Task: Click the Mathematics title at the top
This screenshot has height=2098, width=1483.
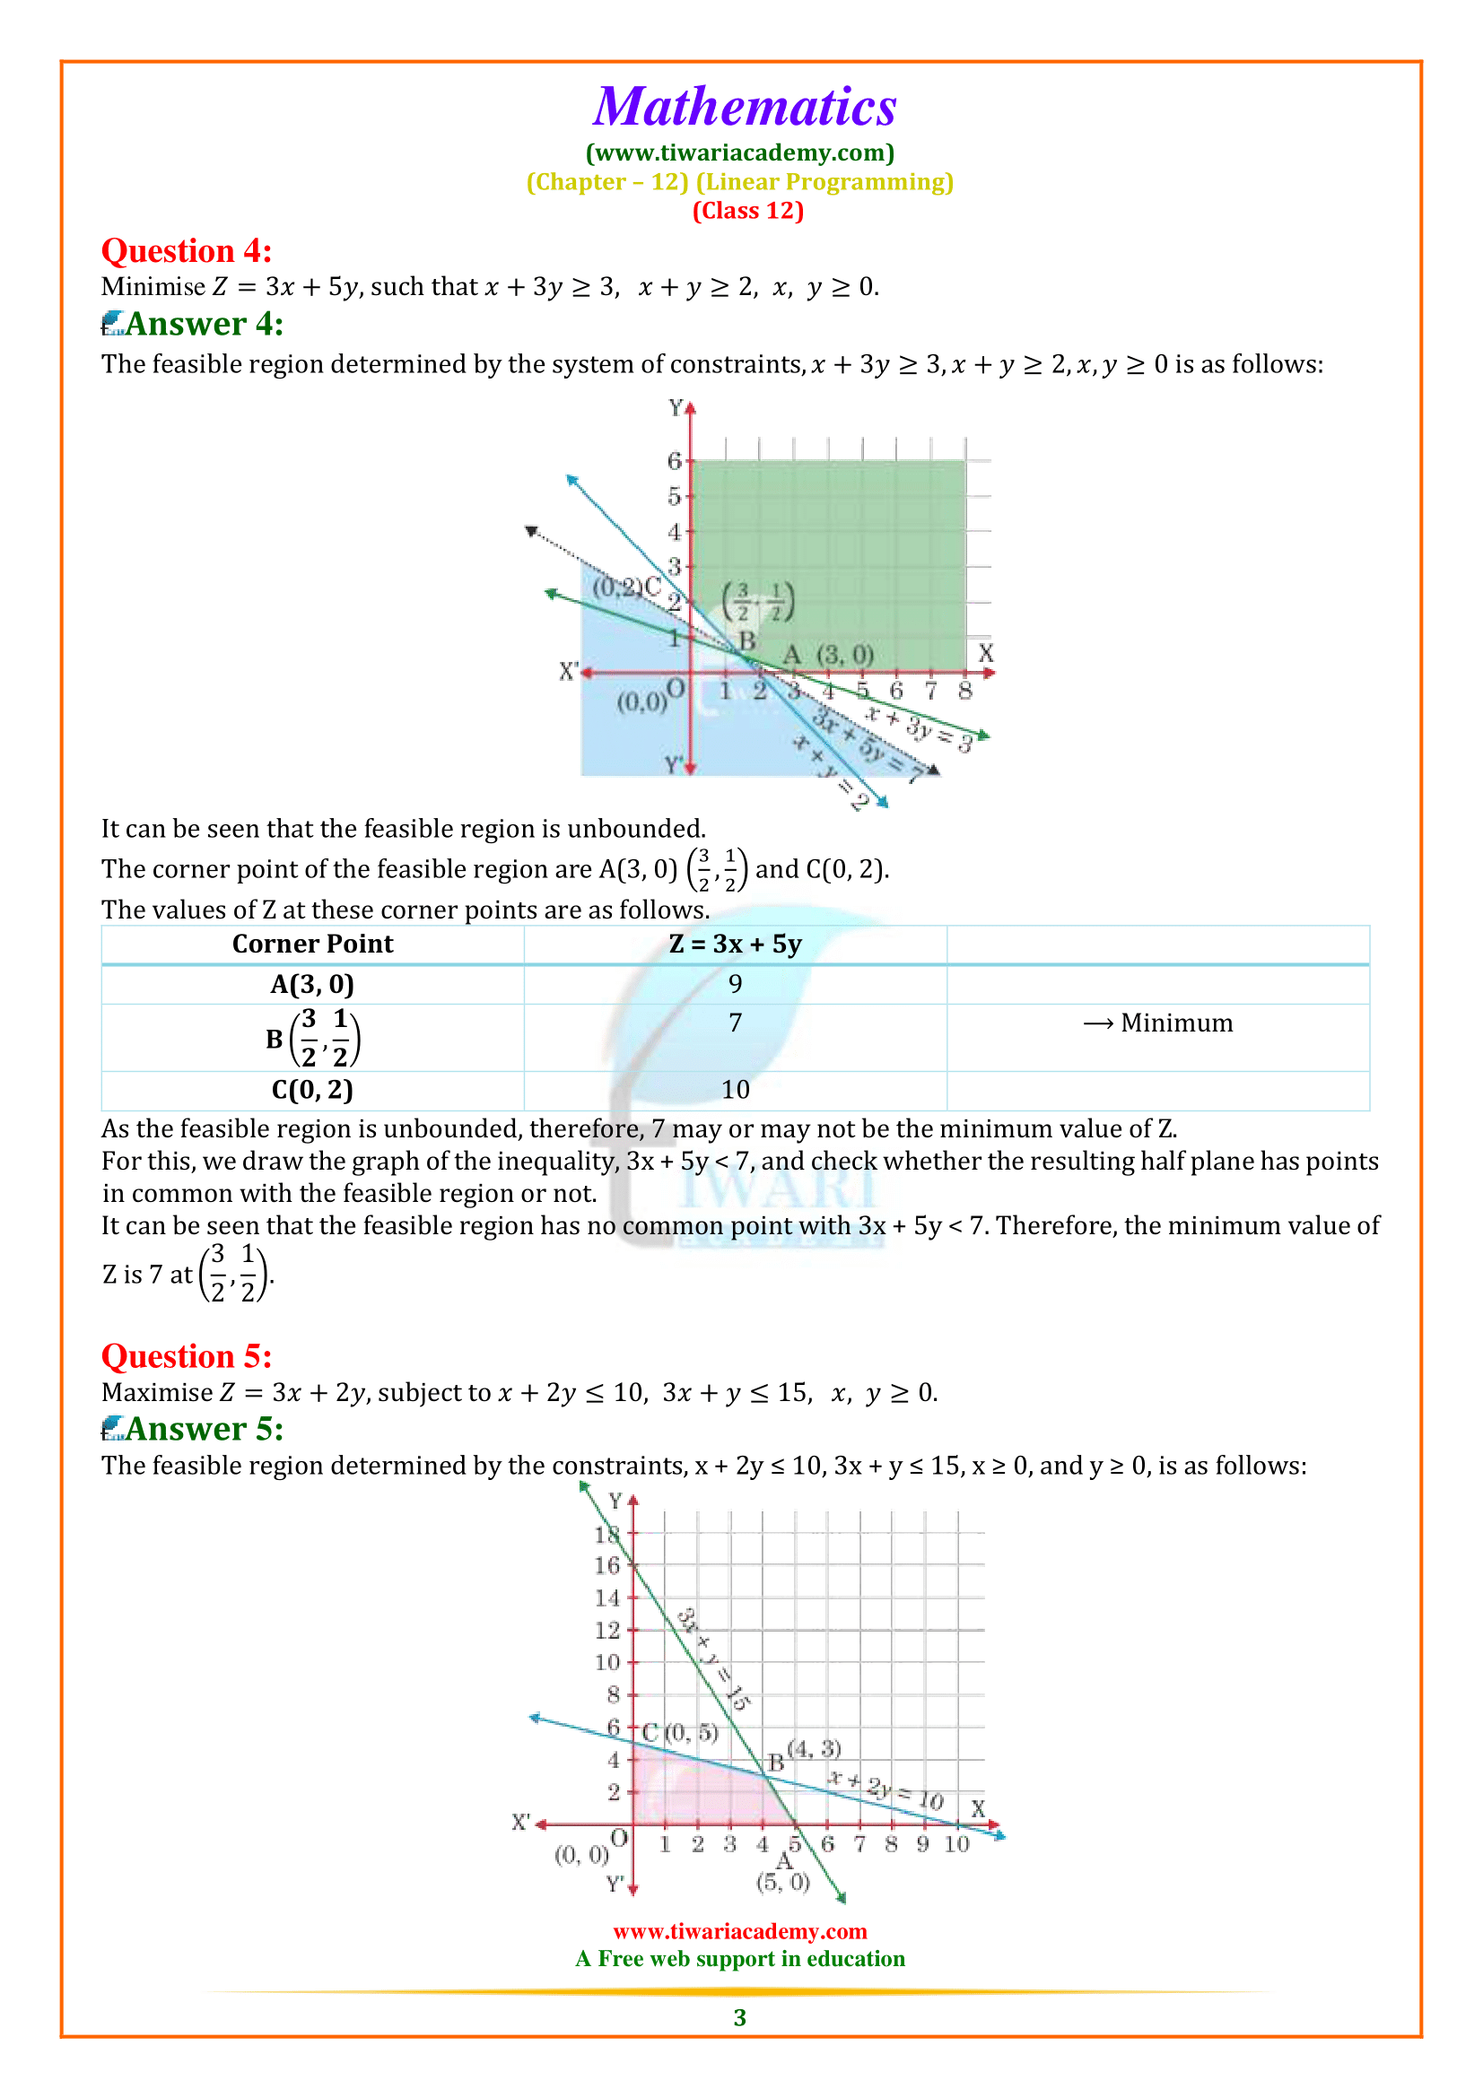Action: coord(745,107)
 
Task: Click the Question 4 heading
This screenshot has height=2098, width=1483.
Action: coord(187,251)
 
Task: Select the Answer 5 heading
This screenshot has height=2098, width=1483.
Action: coord(204,1428)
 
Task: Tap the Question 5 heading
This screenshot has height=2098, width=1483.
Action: coord(187,1356)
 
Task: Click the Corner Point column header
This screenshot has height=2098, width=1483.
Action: coord(312,944)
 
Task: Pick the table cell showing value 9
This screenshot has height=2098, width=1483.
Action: coord(735,984)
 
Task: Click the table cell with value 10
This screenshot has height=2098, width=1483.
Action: coord(735,1089)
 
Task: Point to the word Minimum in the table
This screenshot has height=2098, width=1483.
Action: coord(1176,1023)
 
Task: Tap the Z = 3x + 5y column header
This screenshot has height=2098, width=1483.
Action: coord(735,944)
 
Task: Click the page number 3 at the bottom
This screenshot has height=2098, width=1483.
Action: coord(740,2016)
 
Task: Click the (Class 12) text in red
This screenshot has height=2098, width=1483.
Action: coord(747,211)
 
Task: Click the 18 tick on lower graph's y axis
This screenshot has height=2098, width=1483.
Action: coord(606,1535)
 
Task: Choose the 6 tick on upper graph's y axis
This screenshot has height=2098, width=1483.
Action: coord(675,460)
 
